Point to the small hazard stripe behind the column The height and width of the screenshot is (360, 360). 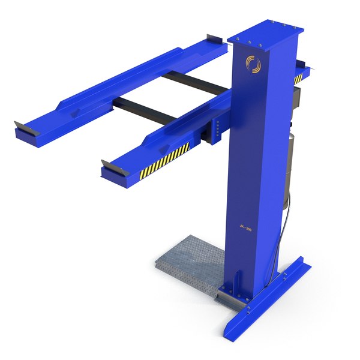coord(298,78)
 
